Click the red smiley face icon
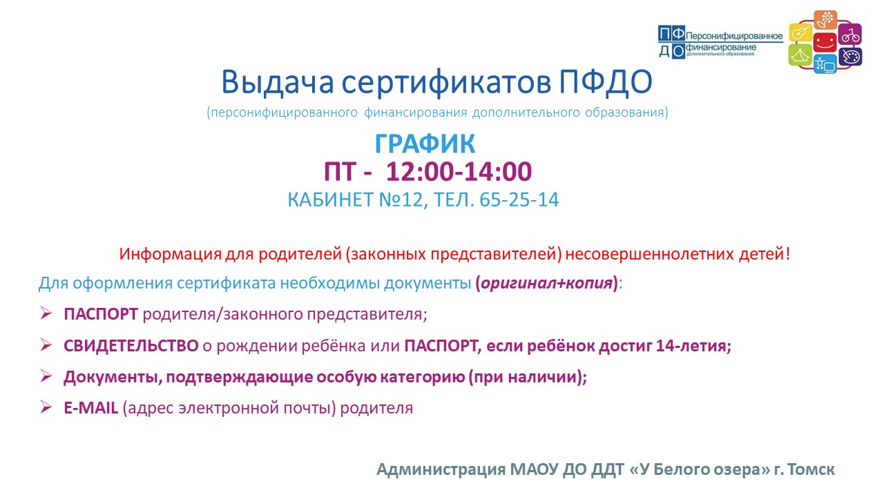825,43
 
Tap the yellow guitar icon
800,32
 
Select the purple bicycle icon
850,35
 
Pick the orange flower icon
826,20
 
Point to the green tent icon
800,55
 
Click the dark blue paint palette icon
850,57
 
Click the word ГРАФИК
425,144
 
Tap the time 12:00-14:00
459,172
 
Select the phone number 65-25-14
519,199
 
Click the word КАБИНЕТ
331,199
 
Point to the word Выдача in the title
278,82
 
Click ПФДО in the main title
606,81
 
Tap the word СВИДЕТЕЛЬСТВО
131,346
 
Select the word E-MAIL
90,408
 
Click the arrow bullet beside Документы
46,376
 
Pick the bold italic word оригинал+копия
546,283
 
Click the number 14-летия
693,346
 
